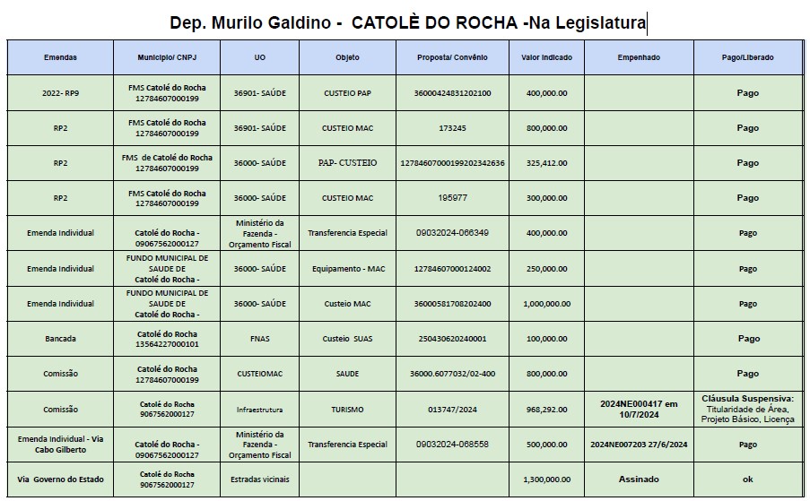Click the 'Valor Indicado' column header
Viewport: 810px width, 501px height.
tap(544, 57)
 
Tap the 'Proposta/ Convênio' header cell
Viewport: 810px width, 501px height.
tap(453, 57)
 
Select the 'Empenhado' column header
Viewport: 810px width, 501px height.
tap(639, 57)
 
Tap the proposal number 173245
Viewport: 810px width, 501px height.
tap(453, 128)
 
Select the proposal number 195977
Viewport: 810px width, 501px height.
tap(453, 198)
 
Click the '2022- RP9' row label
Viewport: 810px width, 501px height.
tap(60, 93)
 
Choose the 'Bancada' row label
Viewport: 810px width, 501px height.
tap(60, 339)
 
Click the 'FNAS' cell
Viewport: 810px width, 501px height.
tap(260, 339)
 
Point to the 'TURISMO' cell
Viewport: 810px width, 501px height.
tap(346, 410)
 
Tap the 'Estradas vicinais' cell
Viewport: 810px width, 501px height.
tap(260, 479)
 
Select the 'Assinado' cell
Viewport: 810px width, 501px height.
tap(639, 479)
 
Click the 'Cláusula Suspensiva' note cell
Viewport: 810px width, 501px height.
tap(747, 409)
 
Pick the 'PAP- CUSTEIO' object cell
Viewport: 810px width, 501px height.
tap(346, 163)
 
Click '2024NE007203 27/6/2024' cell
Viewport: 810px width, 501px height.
tap(639, 445)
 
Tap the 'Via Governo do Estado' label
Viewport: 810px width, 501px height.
tap(60, 479)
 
